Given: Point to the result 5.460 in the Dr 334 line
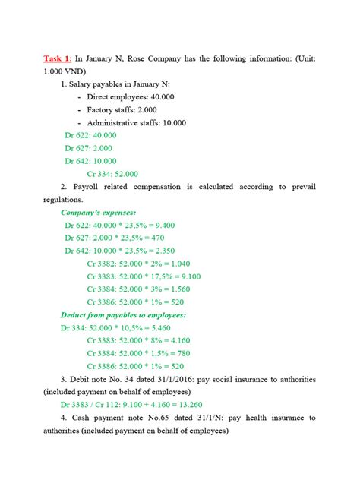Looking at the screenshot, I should pos(180,327).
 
